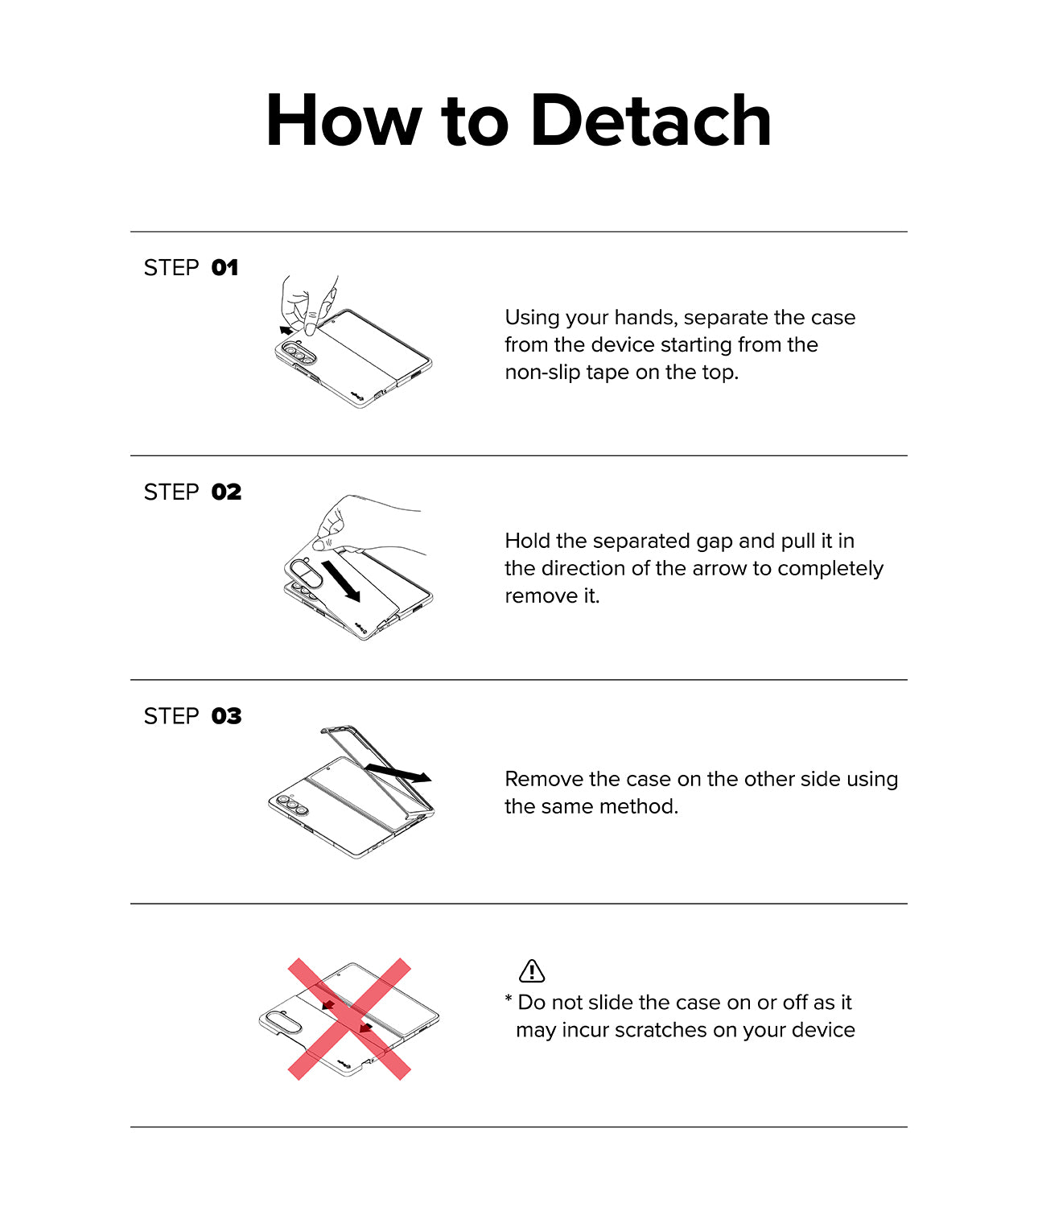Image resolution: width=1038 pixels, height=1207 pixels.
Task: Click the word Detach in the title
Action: (x=650, y=121)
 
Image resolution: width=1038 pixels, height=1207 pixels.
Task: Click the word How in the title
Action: (x=343, y=121)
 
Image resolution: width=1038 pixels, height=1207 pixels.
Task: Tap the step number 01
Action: (x=224, y=268)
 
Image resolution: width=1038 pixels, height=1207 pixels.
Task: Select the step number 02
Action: (x=226, y=492)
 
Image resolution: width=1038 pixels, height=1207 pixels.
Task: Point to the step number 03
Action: (x=226, y=716)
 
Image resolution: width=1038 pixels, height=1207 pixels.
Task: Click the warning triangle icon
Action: (x=532, y=971)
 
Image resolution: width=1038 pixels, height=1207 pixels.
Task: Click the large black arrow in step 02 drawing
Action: (x=340, y=582)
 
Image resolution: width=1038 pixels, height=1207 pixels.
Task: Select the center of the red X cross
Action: (x=350, y=1019)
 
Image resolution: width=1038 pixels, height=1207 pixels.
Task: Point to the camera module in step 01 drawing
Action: (x=296, y=352)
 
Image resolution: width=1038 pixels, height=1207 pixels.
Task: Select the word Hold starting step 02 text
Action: (x=528, y=541)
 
